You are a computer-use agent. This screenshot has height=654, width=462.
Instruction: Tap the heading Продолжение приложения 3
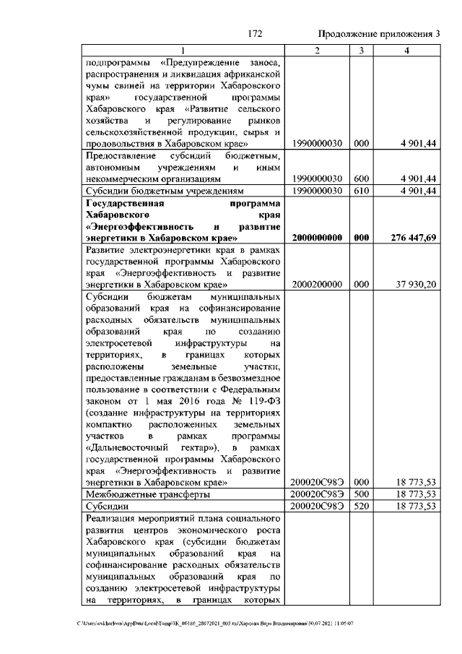(379, 33)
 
